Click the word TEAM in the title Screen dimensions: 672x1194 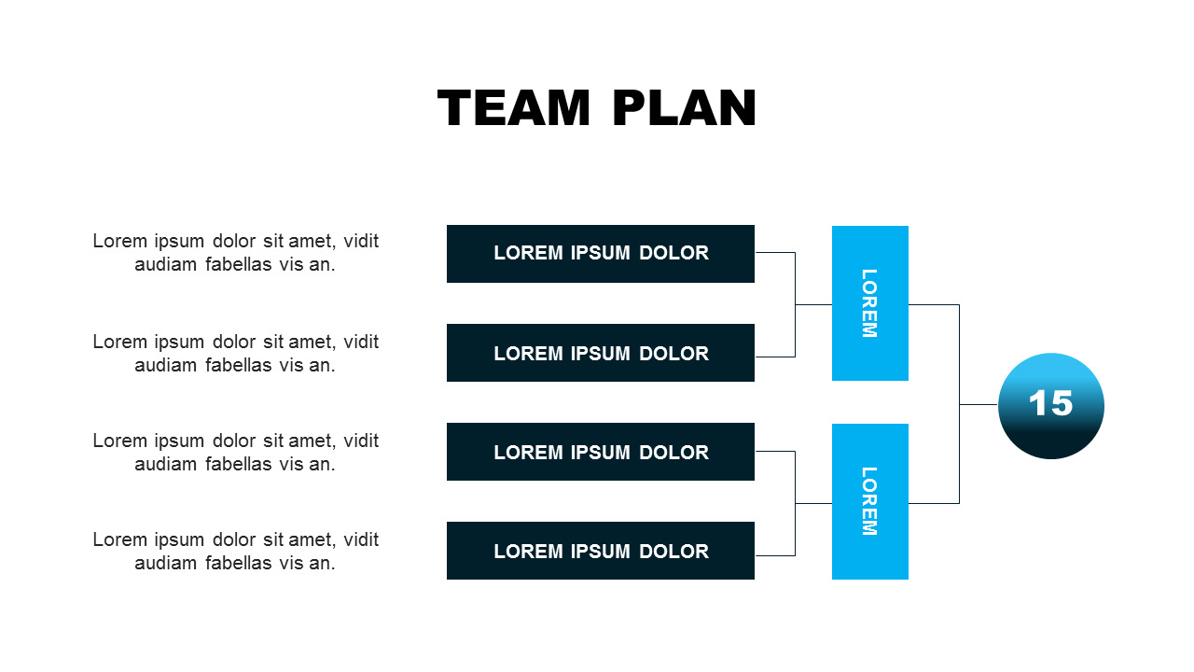514,108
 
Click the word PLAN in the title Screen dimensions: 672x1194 684,108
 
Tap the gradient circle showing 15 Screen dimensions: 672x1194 1050,406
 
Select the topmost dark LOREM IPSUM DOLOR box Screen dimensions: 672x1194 600,253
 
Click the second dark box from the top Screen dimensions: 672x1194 600,353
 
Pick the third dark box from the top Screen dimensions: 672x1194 600,452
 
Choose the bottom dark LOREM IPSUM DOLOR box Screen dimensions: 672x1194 600,551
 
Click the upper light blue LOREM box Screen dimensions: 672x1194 869,303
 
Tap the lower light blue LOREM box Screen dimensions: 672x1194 869,501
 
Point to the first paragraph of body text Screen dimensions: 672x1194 235,252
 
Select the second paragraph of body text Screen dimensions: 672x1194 235,353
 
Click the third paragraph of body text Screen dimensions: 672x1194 235,452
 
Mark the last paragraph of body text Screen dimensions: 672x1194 235,551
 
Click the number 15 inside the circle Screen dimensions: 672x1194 1050,403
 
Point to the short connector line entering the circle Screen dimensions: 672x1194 979,404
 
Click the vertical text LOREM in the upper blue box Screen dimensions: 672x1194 868,303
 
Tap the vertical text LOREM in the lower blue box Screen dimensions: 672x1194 868,501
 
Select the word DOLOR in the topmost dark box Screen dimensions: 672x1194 673,253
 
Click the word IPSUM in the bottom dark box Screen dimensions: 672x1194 601,552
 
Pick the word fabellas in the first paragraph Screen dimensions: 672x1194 238,264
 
